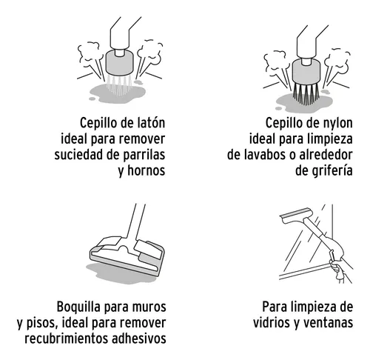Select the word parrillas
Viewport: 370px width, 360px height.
pos(138,155)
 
